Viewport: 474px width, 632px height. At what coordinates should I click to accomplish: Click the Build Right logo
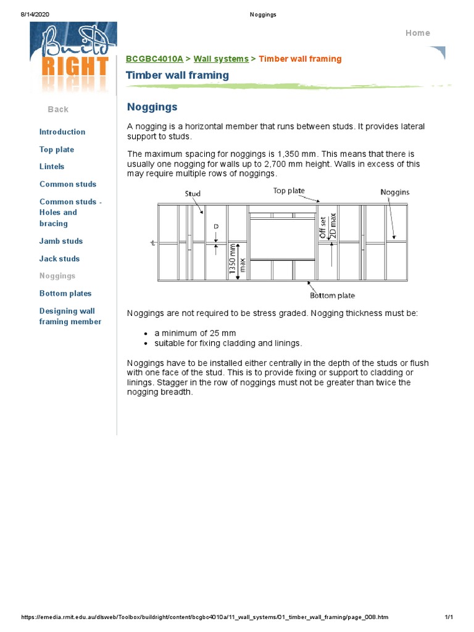(x=73, y=59)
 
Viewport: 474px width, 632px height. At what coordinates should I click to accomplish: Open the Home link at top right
(x=417, y=33)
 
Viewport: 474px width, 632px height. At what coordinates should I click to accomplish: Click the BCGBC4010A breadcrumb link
(x=154, y=59)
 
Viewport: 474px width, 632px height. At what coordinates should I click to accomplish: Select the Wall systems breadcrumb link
(x=221, y=59)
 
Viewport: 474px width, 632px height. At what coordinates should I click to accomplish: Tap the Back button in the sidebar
(x=58, y=109)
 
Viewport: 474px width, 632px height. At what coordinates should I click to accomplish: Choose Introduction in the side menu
(x=62, y=132)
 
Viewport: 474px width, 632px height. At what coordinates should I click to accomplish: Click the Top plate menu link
(x=57, y=149)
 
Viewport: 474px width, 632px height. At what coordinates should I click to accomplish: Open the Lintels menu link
(x=52, y=167)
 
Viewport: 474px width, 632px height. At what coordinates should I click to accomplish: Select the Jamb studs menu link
(x=61, y=241)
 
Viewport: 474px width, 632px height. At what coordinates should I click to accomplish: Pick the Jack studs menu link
(x=59, y=259)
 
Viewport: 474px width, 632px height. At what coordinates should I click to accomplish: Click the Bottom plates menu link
(x=65, y=294)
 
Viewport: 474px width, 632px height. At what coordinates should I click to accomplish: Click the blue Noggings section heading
(x=152, y=107)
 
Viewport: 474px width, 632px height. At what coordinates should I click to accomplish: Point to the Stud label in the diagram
(x=193, y=194)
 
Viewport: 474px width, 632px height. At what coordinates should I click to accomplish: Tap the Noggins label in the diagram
(x=394, y=193)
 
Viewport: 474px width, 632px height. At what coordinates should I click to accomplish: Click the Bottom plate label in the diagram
(x=332, y=296)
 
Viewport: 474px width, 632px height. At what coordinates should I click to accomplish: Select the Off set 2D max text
(x=327, y=225)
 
